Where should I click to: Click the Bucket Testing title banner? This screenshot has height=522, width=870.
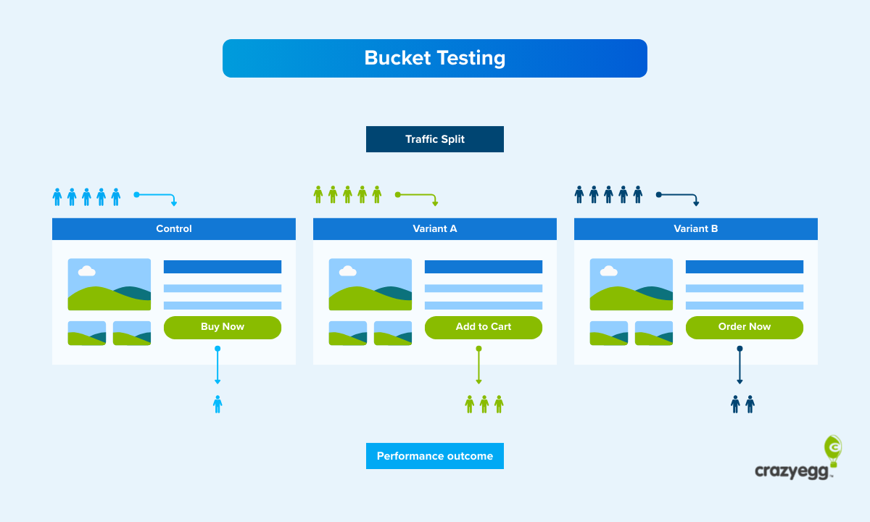434,58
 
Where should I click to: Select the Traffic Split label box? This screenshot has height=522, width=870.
434,139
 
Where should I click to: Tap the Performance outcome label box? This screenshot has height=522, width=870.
434,456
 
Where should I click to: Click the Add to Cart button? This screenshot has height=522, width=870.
483,327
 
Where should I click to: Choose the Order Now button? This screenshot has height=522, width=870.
744,327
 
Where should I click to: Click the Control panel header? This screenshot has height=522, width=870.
174,228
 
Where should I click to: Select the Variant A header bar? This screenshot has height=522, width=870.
435,228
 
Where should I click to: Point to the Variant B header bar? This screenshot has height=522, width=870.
696,228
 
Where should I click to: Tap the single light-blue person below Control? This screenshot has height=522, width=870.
217,405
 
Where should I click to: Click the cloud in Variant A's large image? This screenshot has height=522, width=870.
347,271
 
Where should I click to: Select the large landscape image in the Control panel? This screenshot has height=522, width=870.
109,284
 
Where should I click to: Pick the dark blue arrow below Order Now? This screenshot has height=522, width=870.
739,366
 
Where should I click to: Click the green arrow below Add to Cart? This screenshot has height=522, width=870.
478,366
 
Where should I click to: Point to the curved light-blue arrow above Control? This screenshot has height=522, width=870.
157,196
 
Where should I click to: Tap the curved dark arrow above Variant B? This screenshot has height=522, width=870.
679,196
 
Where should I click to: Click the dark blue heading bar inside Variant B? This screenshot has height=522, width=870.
744,267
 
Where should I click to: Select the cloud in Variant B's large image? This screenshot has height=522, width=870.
608,271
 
